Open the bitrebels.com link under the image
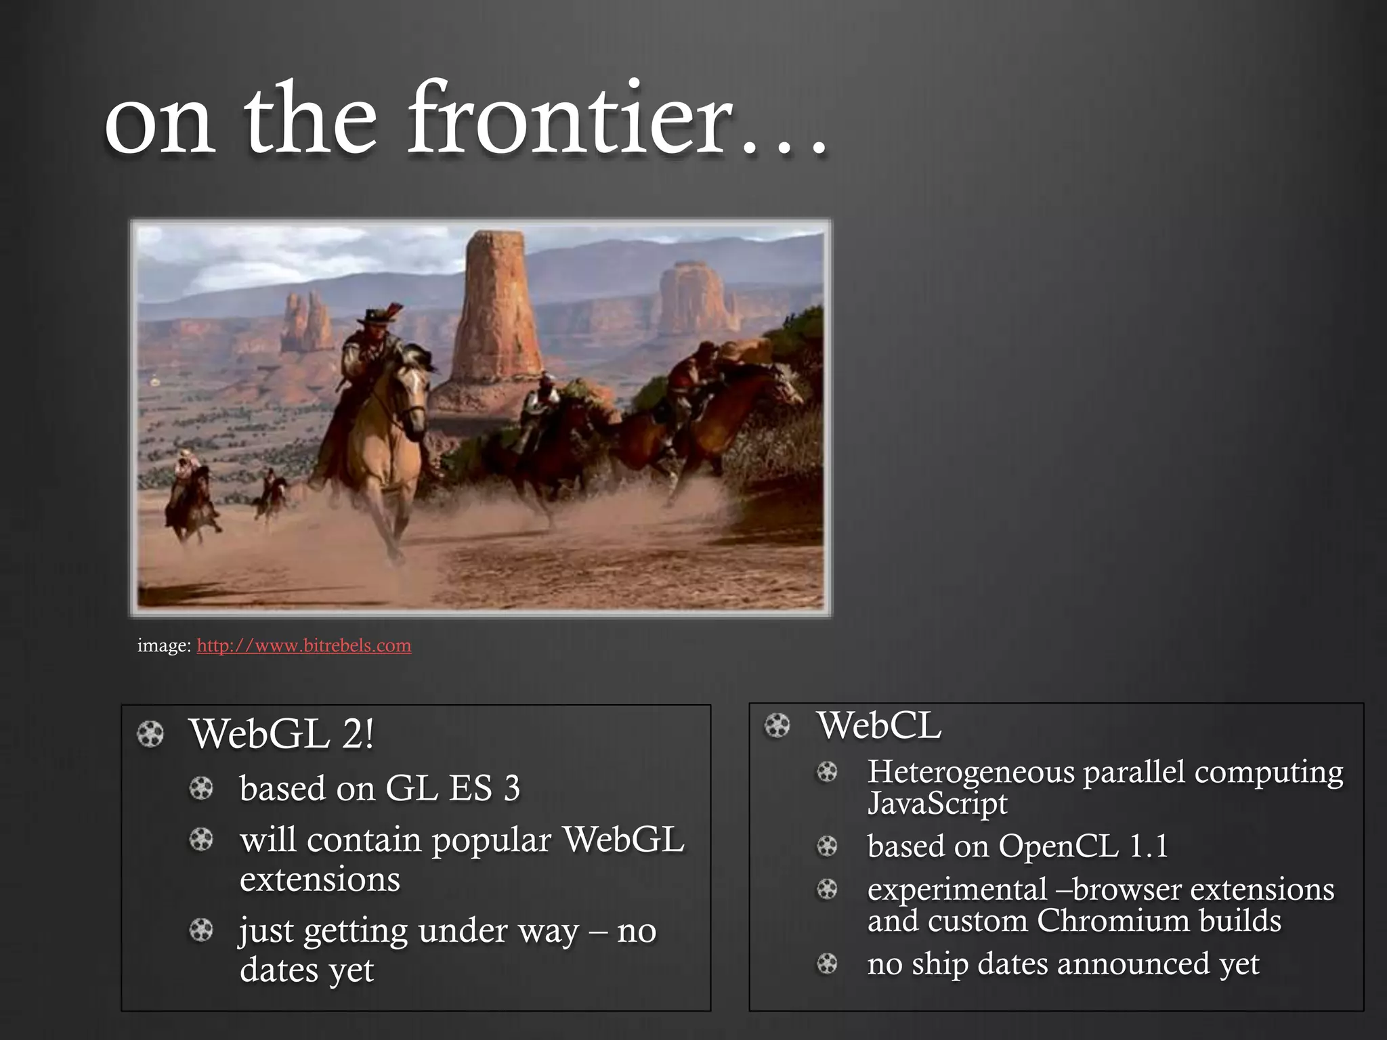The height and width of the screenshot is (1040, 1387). pyautogui.click(x=303, y=645)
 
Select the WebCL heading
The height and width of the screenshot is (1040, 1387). pyautogui.click(x=878, y=725)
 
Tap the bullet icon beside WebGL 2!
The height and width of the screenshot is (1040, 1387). pyautogui.click(x=150, y=735)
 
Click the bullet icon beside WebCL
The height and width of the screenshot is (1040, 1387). pyautogui.click(x=777, y=726)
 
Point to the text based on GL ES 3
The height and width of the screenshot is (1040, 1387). pyautogui.click(x=379, y=788)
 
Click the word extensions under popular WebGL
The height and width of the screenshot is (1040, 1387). pyautogui.click(x=320, y=880)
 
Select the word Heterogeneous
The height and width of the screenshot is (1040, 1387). pyautogui.click(x=970, y=772)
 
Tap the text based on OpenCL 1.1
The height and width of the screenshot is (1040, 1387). pyautogui.click(x=1017, y=846)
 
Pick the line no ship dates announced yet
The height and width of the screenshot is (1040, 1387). pyautogui.click(x=1063, y=963)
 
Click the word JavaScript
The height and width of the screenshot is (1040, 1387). pyautogui.click(x=937, y=804)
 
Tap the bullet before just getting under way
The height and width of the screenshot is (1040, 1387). pyautogui.click(x=200, y=930)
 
